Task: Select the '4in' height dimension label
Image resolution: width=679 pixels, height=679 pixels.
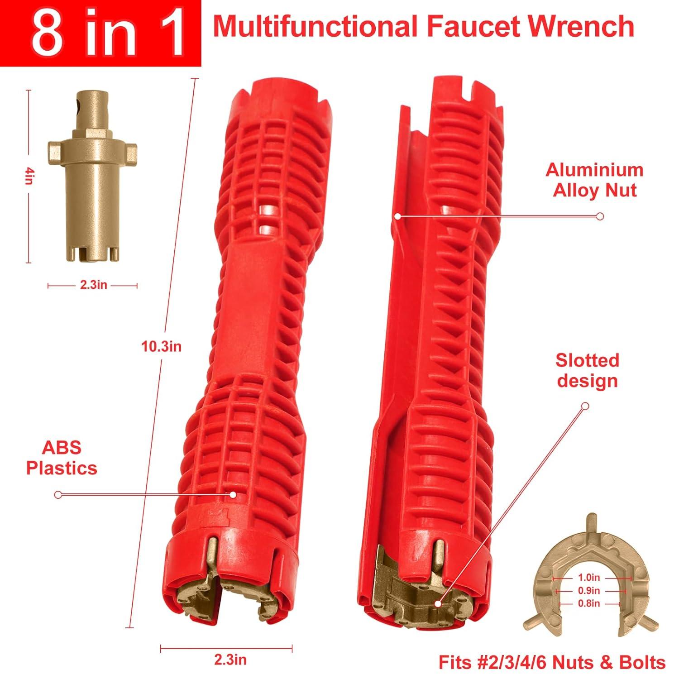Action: [29, 176]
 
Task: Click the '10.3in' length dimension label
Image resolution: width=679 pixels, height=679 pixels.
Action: [162, 346]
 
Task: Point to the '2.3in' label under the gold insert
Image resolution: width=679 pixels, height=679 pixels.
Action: [93, 285]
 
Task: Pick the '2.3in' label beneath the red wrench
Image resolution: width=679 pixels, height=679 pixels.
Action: [230, 660]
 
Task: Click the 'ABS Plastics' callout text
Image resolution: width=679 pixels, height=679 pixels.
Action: [62, 457]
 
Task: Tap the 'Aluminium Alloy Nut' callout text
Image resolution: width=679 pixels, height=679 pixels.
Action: [594, 180]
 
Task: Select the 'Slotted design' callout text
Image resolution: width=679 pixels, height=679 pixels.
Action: [587, 370]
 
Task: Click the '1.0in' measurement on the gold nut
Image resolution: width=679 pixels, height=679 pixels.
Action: [588, 578]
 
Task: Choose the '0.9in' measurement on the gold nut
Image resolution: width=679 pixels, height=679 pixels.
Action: [588, 591]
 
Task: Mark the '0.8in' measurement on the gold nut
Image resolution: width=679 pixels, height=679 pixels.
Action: [588, 603]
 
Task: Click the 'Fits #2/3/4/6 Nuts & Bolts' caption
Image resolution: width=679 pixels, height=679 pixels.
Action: [552, 662]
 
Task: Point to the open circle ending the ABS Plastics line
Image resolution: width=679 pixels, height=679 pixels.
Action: [58, 495]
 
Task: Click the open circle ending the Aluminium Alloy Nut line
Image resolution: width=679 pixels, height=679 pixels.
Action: [600, 216]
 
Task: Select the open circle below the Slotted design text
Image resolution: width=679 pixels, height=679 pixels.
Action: [585, 406]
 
